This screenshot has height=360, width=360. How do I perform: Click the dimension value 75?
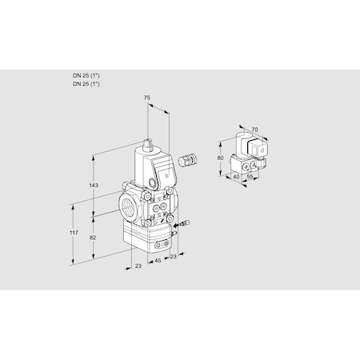146,97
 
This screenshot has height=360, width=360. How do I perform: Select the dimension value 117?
74,232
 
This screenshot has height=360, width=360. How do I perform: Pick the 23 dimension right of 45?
173,257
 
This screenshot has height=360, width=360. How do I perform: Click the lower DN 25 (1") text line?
86,83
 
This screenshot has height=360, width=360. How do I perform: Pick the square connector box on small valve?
260,147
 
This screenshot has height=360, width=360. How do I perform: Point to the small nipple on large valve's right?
180,226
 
